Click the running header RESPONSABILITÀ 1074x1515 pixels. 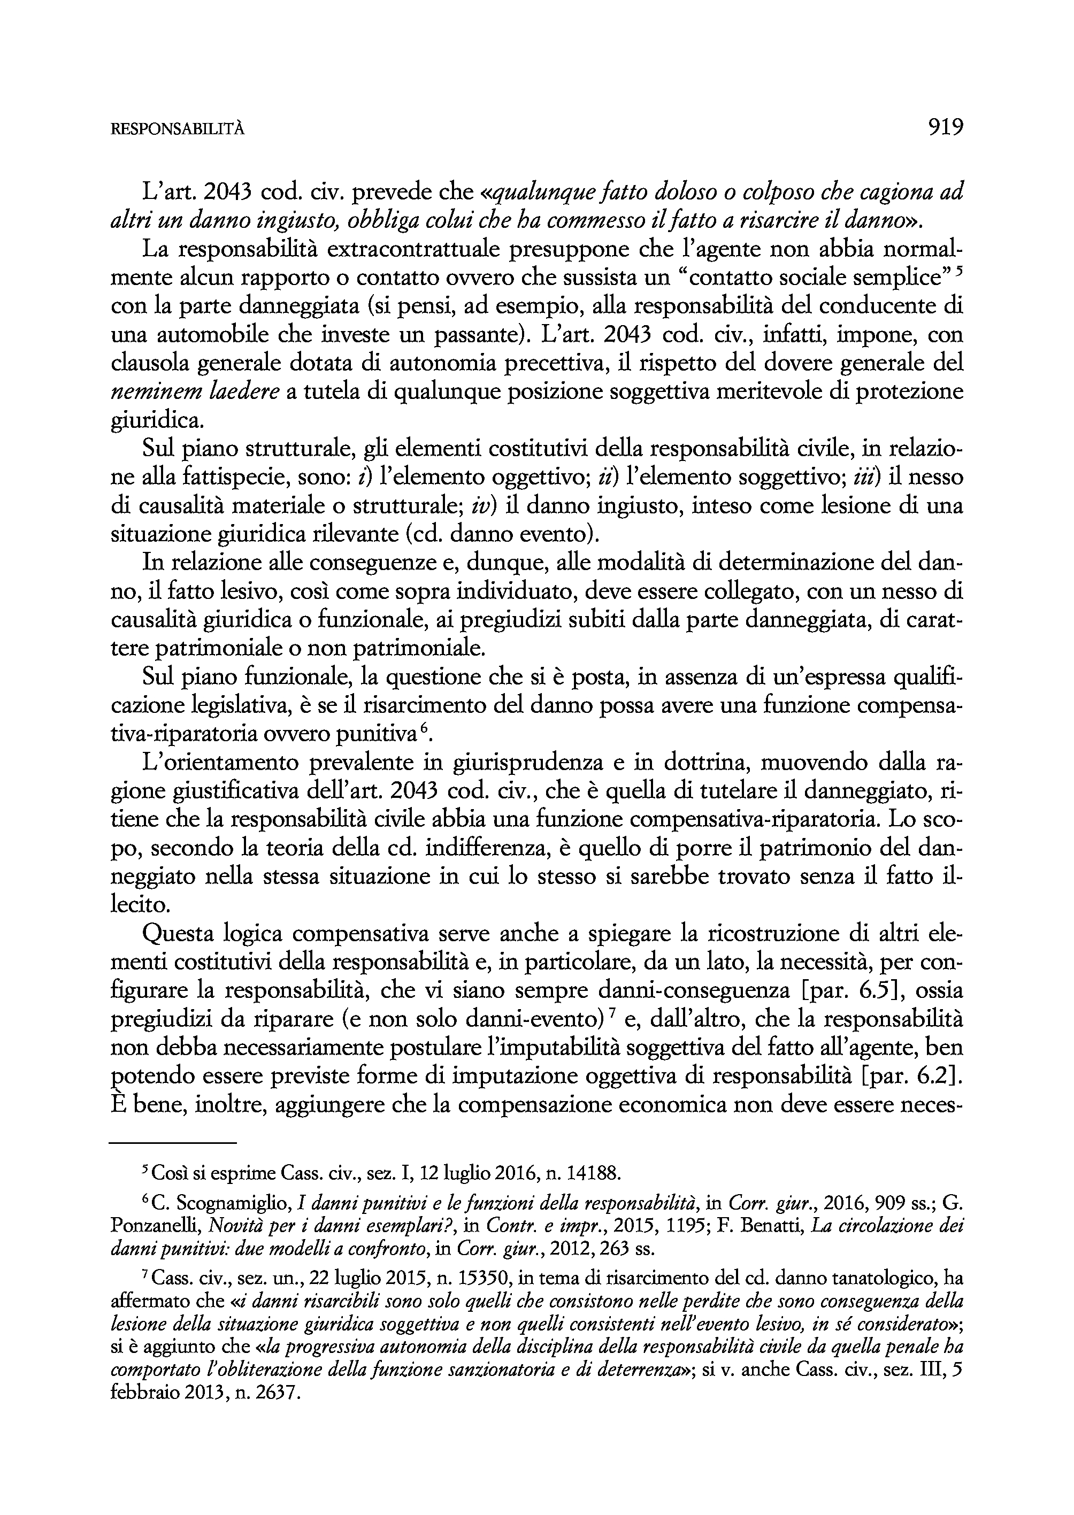[177, 129]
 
